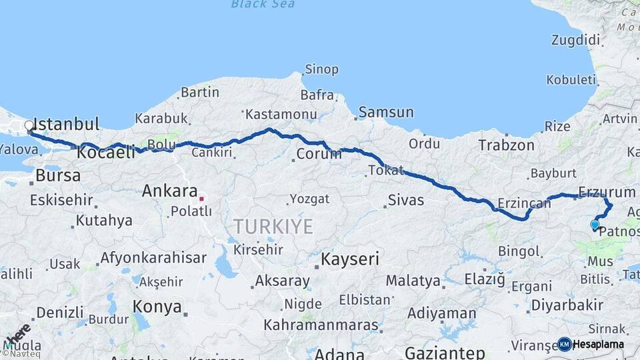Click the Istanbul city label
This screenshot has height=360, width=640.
click(x=66, y=125)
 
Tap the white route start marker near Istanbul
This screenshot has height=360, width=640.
click(x=29, y=125)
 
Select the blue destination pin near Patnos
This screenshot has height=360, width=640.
click(x=595, y=225)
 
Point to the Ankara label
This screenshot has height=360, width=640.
click(x=169, y=191)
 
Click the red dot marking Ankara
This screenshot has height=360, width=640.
click(x=201, y=198)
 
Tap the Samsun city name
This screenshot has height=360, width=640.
click(x=386, y=113)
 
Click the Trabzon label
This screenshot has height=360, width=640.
click(x=506, y=145)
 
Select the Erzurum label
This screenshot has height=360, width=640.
click(x=607, y=193)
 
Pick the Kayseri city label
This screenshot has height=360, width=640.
click(x=350, y=258)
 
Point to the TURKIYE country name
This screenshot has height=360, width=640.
click(x=273, y=227)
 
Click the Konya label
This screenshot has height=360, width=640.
click(x=157, y=307)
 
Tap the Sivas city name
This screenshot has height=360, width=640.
click(x=405, y=199)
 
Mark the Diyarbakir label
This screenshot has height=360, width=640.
click(x=567, y=305)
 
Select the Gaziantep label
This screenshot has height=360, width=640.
click(x=445, y=353)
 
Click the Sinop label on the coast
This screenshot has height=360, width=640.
click(x=321, y=69)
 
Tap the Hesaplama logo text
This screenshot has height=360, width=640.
click(x=598, y=345)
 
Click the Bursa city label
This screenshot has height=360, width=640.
click(x=58, y=176)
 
